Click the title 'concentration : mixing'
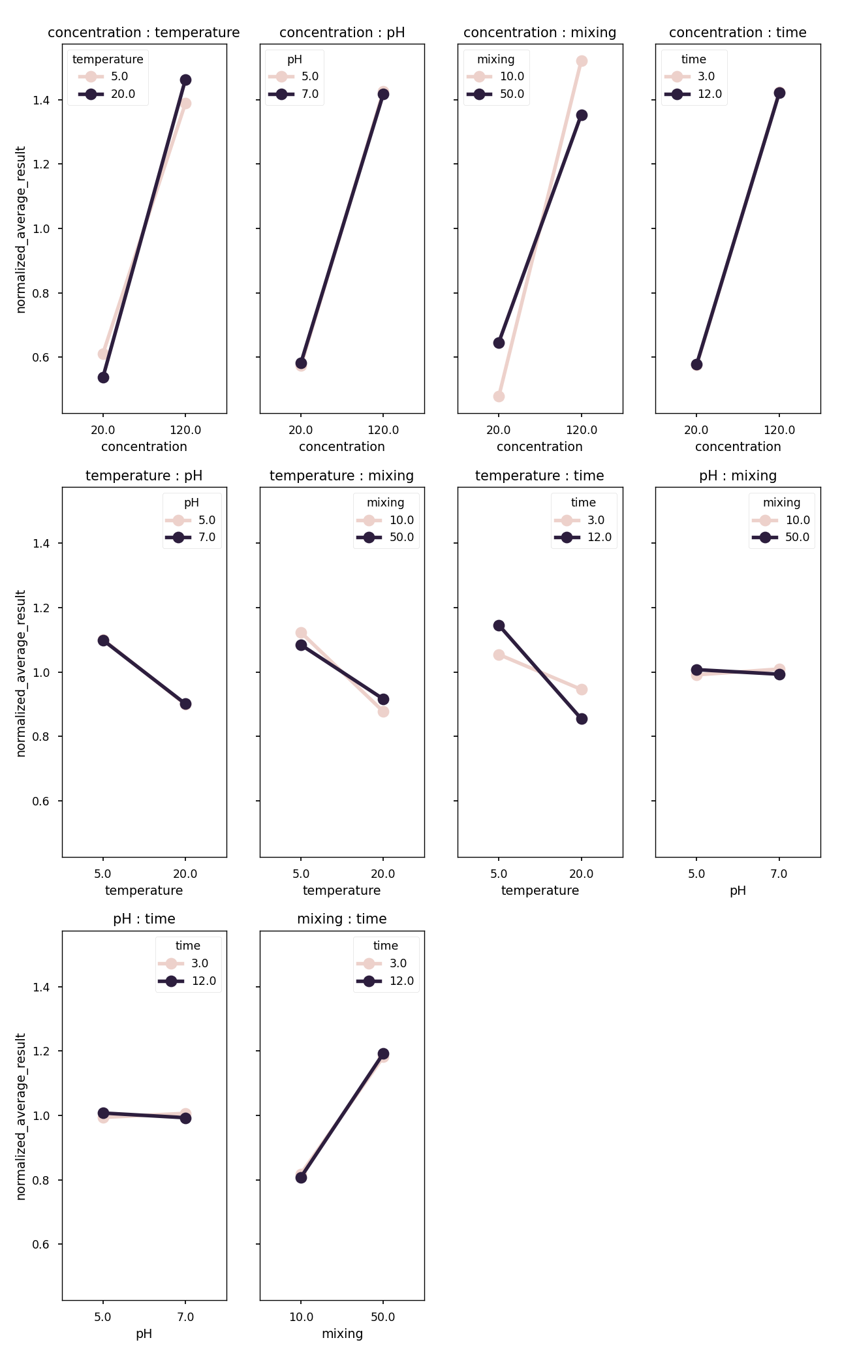(x=540, y=33)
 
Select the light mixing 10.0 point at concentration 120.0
(x=582, y=61)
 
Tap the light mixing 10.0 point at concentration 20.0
(x=499, y=396)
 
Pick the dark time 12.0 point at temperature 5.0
(x=499, y=625)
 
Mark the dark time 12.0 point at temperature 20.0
(x=582, y=719)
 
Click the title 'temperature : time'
(x=540, y=476)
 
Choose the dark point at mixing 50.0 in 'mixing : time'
(x=383, y=1053)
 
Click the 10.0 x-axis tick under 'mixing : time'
(x=301, y=1316)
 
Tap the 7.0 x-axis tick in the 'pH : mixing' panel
(x=779, y=873)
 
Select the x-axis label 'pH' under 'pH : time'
(x=144, y=1333)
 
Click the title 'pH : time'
(x=144, y=919)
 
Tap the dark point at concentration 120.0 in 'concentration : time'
(x=779, y=93)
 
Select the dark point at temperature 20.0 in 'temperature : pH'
(x=185, y=704)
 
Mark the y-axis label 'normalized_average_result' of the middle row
(x=21, y=673)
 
